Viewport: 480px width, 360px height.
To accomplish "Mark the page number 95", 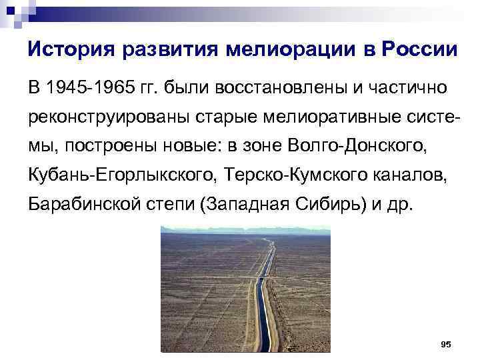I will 446,344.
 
